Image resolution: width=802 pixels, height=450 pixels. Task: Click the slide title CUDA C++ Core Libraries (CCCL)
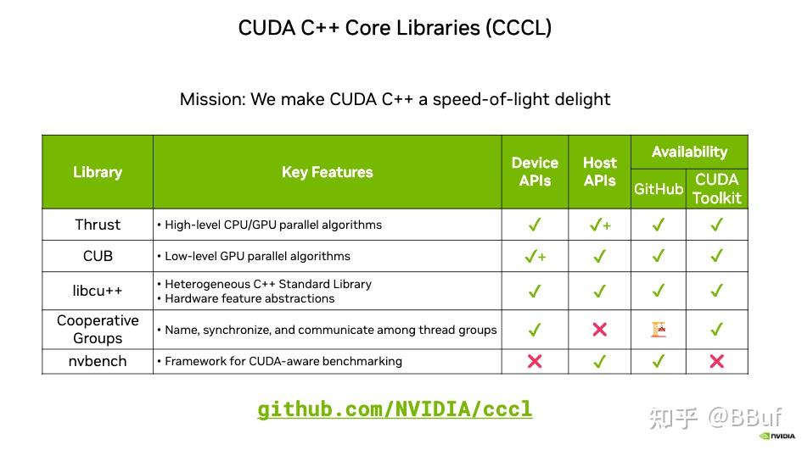[x=395, y=28]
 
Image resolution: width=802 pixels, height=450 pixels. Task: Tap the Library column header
[x=98, y=172]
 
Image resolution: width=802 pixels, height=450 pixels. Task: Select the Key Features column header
[x=327, y=172]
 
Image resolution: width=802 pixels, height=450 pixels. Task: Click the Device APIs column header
[x=535, y=172]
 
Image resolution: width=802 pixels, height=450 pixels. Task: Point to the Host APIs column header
[x=599, y=172]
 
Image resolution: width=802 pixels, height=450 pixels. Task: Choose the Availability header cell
[x=689, y=153]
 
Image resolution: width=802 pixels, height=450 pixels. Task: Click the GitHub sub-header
[x=659, y=189]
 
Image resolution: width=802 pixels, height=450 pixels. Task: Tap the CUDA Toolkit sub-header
[x=717, y=189]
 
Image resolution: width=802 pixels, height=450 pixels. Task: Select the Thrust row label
[x=98, y=225]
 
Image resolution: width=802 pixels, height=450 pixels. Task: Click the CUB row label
[x=98, y=256]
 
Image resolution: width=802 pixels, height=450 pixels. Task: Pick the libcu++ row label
[x=98, y=291]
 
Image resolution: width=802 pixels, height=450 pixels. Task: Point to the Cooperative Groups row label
[x=98, y=330]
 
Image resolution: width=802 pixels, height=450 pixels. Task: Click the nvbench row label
[x=98, y=361]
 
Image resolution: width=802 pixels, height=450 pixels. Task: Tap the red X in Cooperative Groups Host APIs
[x=599, y=330]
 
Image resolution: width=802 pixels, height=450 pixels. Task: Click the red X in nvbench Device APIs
[x=535, y=361]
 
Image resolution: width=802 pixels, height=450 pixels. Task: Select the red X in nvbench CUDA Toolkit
[x=717, y=361]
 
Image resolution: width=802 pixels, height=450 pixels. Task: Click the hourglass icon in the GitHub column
[x=659, y=330]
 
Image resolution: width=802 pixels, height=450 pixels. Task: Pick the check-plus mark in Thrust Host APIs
[x=599, y=225]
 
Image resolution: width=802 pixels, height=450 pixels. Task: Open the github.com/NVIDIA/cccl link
[x=395, y=409]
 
